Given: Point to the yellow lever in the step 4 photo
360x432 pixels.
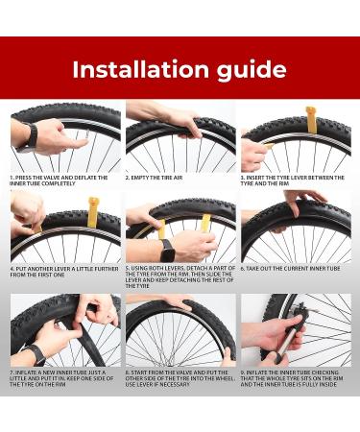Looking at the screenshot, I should click(x=92, y=212).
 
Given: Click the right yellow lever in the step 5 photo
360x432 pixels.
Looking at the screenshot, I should click(x=205, y=224).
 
